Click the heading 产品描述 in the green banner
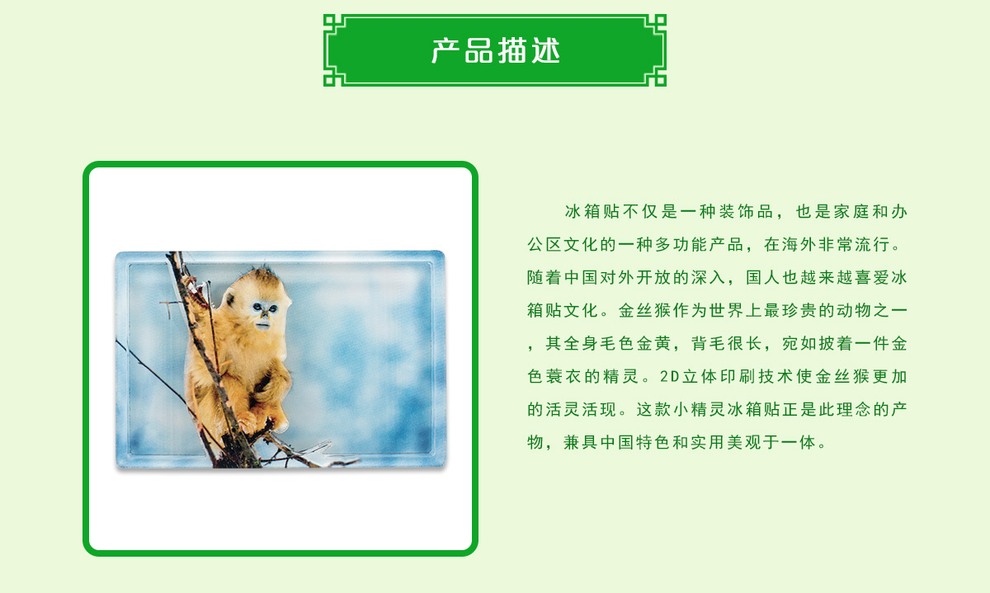coord(496,51)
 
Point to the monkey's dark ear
coord(230,299)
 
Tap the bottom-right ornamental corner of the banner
coord(655,75)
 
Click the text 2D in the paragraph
coord(669,376)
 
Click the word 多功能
coord(681,244)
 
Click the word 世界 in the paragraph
coord(726,310)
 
